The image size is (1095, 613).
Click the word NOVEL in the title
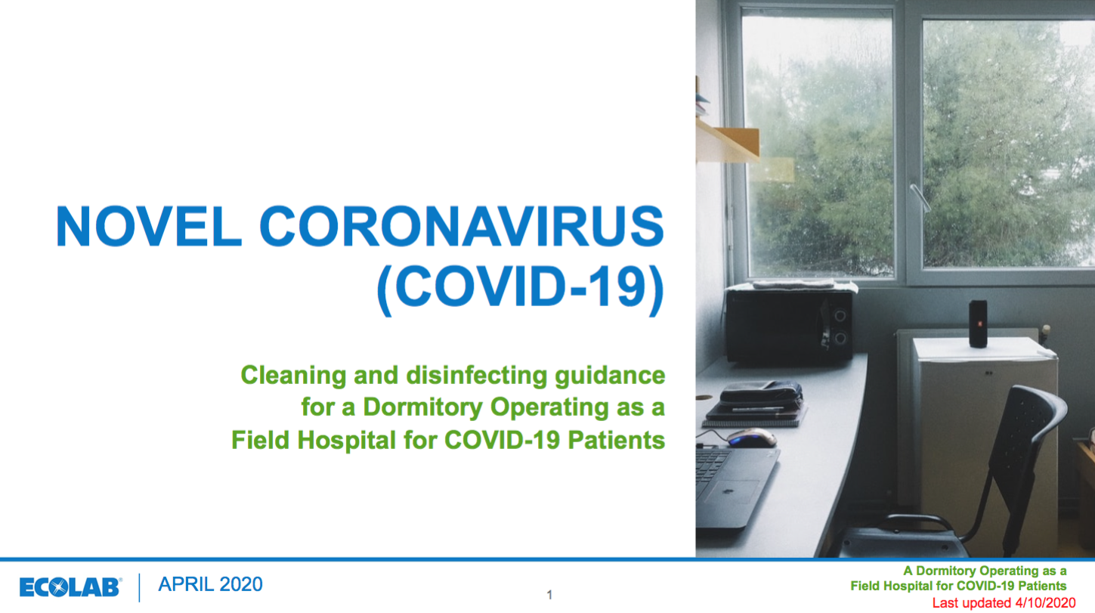click(x=149, y=226)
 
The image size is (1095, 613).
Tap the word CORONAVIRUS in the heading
click(x=462, y=226)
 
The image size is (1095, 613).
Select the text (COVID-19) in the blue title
click(x=521, y=289)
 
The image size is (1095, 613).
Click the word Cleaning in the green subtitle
click(x=293, y=376)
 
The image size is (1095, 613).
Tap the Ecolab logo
click(x=70, y=587)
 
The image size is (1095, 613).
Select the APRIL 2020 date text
click(x=210, y=584)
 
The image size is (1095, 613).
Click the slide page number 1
click(x=549, y=595)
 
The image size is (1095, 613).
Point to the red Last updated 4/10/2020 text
click(x=1004, y=603)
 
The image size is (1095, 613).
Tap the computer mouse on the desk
click(x=751, y=438)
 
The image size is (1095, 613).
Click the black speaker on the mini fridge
click(x=978, y=324)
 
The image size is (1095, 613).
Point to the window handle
click(x=920, y=198)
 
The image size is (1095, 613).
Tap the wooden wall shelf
click(x=728, y=142)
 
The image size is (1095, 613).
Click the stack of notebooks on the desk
click(x=755, y=404)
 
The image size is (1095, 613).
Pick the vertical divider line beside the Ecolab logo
click(x=139, y=587)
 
